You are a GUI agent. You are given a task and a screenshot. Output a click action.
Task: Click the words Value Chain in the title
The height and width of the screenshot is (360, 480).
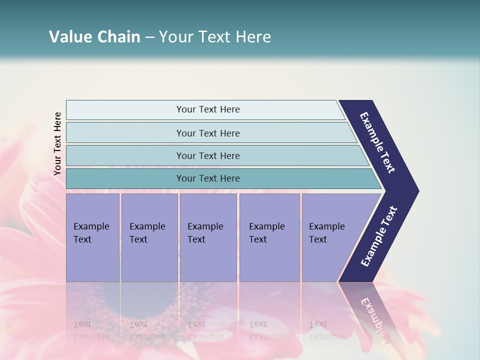(94, 37)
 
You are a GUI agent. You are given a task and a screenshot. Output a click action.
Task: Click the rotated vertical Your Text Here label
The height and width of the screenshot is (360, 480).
(58, 143)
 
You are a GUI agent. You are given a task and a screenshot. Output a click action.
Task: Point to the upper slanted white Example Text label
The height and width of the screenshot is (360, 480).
(377, 142)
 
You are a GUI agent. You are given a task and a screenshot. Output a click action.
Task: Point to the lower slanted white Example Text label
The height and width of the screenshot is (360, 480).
(379, 236)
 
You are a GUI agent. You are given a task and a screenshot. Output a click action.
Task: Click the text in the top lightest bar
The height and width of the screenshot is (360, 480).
(208, 109)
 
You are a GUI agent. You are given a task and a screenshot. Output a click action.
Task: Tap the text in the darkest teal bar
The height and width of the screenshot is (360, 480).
(208, 178)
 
